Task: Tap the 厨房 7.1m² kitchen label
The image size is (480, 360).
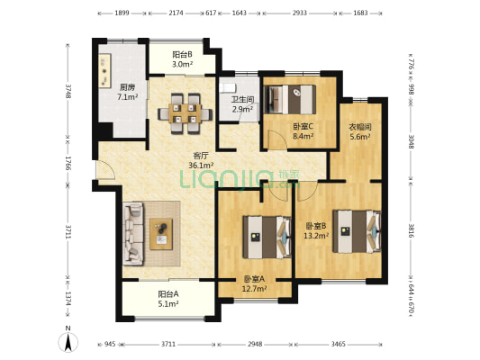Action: point(127,93)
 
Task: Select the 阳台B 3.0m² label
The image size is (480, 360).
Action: point(183,59)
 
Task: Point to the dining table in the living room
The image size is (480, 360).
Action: point(185,113)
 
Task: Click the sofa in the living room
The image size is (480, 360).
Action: point(133,233)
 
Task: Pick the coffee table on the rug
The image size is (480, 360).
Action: point(161,234)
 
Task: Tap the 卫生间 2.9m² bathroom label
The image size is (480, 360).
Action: point(242,104)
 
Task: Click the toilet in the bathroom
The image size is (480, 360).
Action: point(228,87)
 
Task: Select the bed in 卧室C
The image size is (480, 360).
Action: point(290,99)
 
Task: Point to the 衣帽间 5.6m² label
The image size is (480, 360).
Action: point(360,131)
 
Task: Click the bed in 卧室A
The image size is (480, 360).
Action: point(267,237)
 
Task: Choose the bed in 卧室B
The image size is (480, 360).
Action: point(358,231)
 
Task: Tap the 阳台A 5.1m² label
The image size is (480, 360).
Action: point(168,299)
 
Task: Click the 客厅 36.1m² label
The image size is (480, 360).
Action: point(201,160)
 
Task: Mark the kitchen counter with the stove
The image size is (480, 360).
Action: point(104,71)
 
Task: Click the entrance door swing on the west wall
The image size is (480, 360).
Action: point(105,169)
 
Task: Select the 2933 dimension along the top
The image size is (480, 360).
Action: point(299,13)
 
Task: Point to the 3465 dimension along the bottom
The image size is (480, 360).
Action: point(339,345)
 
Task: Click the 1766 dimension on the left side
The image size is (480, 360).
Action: point(68,164)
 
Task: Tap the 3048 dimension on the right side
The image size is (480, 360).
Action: point(412,141)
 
